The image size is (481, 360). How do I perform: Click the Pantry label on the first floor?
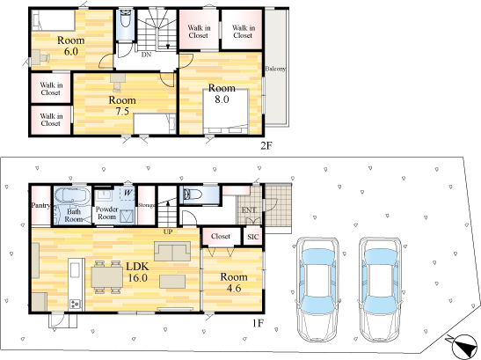pyautogui.click(x=40, y=205)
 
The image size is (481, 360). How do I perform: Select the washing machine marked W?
pyautogui.click(x=128, y=194)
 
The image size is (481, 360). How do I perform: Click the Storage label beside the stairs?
pyautogui.click(x=147, y=205)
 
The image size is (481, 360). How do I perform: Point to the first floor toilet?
pyautogui.click(x=192, y=195)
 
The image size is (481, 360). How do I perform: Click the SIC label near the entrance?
pyautogui.click(x=253, y=237)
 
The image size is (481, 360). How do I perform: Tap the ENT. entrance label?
pyautogui.click(x=249, y=210)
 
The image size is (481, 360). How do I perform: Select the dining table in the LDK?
pyautogui.click(x=107, y=276)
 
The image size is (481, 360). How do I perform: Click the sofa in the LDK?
pyautogui.click(x=172, y=251)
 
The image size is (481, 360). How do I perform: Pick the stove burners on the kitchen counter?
pyautogui.click(x=76, y=304)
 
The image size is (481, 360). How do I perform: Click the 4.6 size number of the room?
pyautogui.click(x=234, y=288)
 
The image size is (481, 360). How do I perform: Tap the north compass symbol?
pyautogui.click(x=464, y=347)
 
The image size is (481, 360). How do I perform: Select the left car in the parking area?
pyautogui.click(x=317, y=290)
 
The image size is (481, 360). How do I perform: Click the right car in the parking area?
pyautogui.click(x=381, y=290)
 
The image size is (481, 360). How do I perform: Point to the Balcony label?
pyautogui.click(x=275, y=69)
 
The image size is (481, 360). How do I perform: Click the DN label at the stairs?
pyautogui.click(x=146, y=55)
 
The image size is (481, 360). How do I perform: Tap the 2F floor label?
pyautogui.click(x=266, y=145)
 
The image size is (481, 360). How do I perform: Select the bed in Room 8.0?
pyautogui.click(x=226, y=112)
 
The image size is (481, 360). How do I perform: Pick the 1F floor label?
pyautogui.click(x=258, y=323)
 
